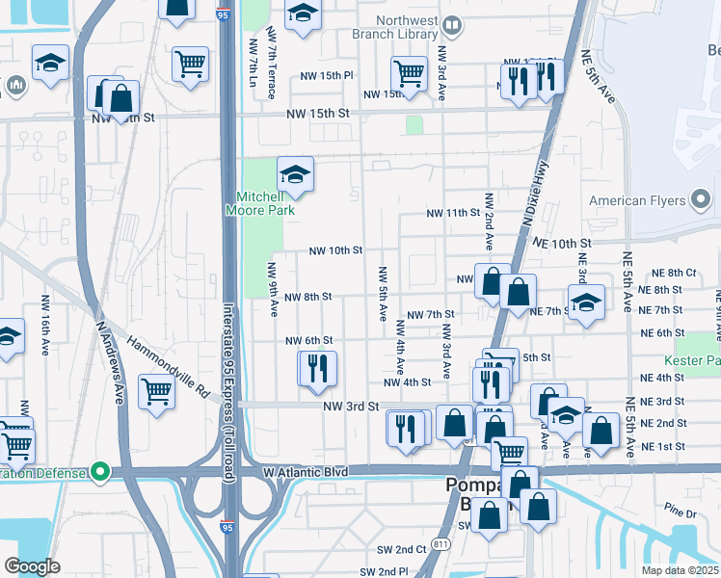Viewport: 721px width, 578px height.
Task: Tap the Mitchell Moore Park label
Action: (260, 200)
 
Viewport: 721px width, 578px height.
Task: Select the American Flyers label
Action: (636, 201)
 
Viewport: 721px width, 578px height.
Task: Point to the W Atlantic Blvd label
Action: (305, 473)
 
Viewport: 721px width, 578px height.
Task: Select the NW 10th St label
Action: (334, 250)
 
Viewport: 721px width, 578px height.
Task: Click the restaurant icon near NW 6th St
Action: (317, 368)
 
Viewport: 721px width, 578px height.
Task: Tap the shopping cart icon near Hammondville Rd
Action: (157, 391)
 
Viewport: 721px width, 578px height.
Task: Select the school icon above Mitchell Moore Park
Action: (295, 174)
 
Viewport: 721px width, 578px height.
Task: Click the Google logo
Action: (32, 566)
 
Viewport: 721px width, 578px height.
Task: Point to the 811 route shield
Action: (441, 544)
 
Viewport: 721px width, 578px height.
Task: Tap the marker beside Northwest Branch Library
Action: (450, 24)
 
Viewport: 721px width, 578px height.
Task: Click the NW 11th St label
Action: (454, 212)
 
